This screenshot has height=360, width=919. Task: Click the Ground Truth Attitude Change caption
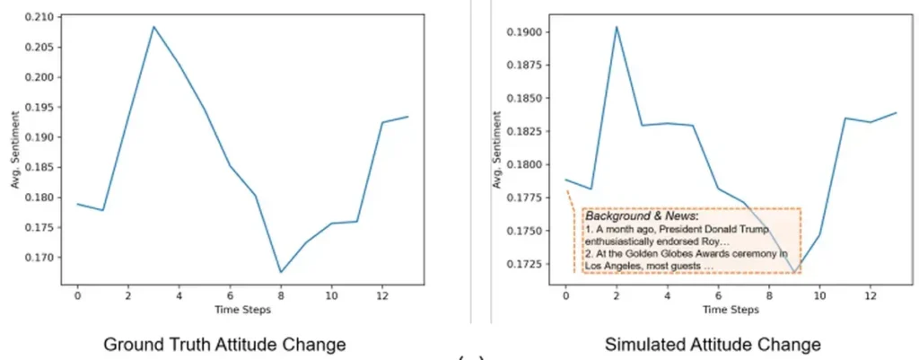[x=224, y=344]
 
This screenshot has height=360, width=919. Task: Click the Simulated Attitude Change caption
[x=713, y=344]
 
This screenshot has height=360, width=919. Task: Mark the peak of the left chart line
[x=153, y=26]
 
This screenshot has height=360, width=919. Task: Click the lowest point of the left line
[x=281, y=272]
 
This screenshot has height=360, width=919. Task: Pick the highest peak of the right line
[x=617, y=26]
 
